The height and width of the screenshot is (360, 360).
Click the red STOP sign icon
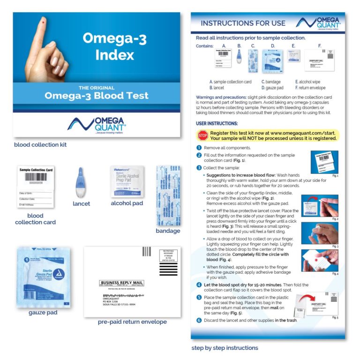pos(202,135)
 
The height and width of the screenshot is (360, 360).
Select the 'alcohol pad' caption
pos(127,203)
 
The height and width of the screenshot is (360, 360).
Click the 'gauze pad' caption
pos(43,312)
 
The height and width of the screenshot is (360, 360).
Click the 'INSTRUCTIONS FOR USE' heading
pos(243,23)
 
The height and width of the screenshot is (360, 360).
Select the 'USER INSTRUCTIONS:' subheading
pos(217,123)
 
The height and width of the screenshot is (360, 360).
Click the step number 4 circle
pos(199,285)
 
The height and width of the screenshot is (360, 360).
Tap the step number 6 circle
pos(199,320)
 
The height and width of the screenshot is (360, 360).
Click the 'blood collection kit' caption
pos(40,145)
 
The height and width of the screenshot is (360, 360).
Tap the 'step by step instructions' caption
pos(225,348)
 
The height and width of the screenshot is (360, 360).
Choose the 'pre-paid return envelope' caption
pos(132,322)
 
